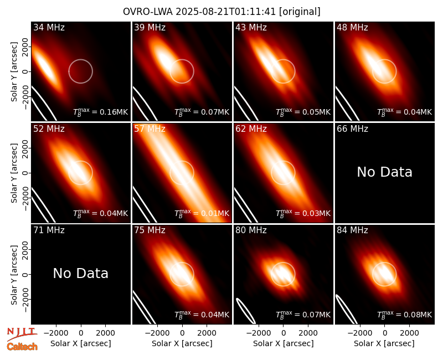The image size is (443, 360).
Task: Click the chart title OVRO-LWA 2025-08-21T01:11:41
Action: point(199,12)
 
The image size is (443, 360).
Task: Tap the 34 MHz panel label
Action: point(49,27)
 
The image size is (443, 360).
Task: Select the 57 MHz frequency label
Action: point(150,129)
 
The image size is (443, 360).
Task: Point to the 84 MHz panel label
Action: point(352,230)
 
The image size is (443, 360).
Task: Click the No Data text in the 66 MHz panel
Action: point(384,172)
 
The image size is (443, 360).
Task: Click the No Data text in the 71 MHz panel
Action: point(80,273)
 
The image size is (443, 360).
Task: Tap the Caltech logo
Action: point(22,347)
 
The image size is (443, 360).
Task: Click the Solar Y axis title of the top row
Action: point(14,72)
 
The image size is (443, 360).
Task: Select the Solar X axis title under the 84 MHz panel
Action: point(384,343)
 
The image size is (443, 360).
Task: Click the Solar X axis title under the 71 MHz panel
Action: point(80,343)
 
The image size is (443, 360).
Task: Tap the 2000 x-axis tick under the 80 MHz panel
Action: point(308,333)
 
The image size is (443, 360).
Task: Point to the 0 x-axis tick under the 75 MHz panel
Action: point(182,333)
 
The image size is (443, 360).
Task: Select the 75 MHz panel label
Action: point(150,230)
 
